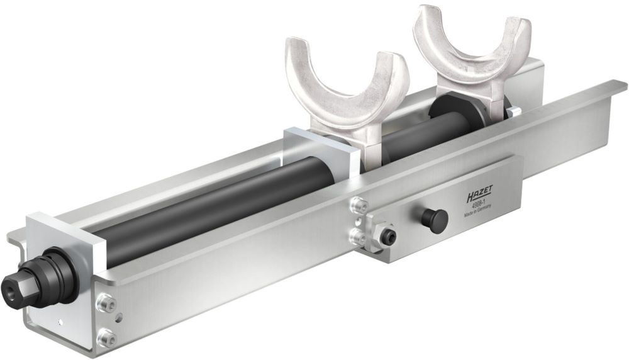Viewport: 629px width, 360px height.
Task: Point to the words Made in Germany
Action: tap(479, 213)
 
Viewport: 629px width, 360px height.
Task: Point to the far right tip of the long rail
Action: tap(623, 84)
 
